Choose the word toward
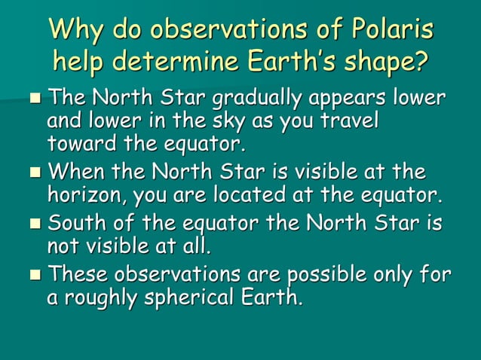[x=78, y=142]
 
